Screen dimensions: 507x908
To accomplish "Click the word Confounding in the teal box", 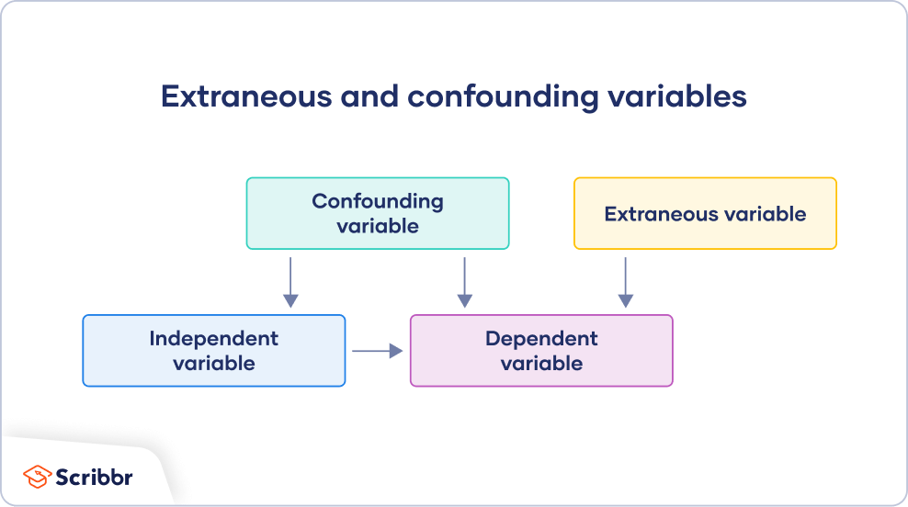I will (x=377, y=201).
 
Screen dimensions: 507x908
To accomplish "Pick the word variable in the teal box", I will (x=377, y=226).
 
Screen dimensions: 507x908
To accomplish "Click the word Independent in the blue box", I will (x=213, y=338).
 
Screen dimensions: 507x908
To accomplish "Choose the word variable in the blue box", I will (x=213, y=363).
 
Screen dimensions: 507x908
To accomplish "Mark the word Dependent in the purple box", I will (x=541, y=338).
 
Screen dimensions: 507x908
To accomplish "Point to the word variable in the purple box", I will (x=541, y=363).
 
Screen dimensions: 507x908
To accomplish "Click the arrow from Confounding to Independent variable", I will (x=290, y=281).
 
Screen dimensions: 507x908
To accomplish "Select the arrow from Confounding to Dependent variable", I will (x=465, y=281).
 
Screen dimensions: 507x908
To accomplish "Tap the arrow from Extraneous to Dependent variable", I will (x=626, y=281).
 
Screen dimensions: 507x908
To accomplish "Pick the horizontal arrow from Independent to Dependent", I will (x=378, y=351).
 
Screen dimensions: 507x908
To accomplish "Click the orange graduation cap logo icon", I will (x=37, y=477).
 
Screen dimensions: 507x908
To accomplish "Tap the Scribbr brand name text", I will (x=94, y=477).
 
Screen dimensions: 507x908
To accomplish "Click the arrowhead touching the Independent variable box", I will (x=290, y=300).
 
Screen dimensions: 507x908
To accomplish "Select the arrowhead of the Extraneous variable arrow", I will (x=626, y=300).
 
